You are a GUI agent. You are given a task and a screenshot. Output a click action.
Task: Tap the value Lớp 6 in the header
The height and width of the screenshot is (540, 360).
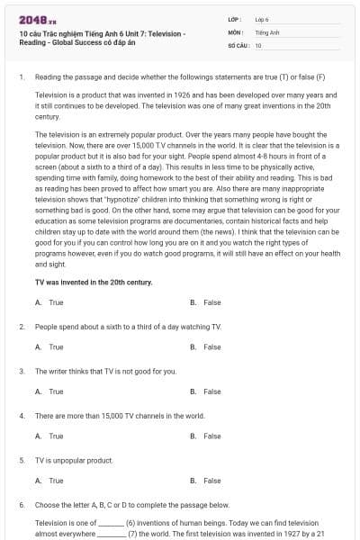pyautogui.click(x=262, y=19)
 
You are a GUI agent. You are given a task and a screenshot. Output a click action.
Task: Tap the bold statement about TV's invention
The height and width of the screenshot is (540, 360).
pyautogui.click(x=94, y=282)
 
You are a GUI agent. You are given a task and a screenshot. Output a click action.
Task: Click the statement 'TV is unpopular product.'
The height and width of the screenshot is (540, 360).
pyautogui.click(x=74, y=460)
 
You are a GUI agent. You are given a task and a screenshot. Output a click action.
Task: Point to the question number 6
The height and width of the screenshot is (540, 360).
pyautogui.click(x=22, y=505)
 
